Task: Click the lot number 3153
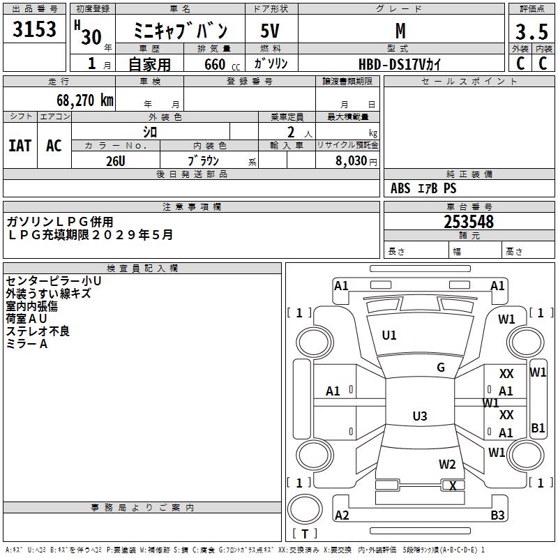[x=34, y=29]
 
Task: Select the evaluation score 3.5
[x=531, y=31]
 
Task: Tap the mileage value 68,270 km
[x=85, y=100]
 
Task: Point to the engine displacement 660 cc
[x=222, y=64]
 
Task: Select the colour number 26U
[x=116, y=161]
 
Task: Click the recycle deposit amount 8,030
[x=352, y=160]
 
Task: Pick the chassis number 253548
[x=469, y=222]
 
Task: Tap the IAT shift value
[x=20, y=146]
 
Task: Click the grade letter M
[x=400, y=31]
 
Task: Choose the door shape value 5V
[x=270, y=31]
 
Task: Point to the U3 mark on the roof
[x=420, y=416]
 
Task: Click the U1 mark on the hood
[x=389, y=335]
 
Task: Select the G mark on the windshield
[x=441, y=368]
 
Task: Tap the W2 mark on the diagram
[x=447, y=464]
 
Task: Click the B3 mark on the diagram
[x=497, y=515]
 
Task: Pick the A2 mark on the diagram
[x=342, y=515]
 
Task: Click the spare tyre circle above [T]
[x=305, y=510]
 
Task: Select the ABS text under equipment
[x=400, y=188]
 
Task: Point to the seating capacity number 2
[x=291, y=133]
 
